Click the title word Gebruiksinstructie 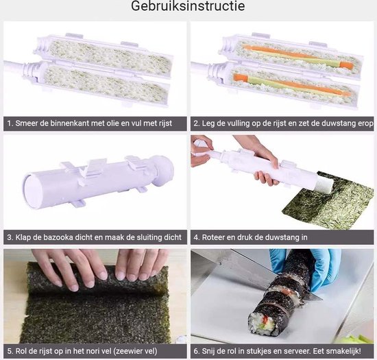coord(188,6)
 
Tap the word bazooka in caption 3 coord(58,237)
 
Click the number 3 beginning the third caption coord(10,237)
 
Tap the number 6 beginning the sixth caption coord(196,351)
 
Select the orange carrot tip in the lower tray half coord(240,77)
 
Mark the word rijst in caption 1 coord(165,123)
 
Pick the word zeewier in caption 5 coord(130,351)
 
